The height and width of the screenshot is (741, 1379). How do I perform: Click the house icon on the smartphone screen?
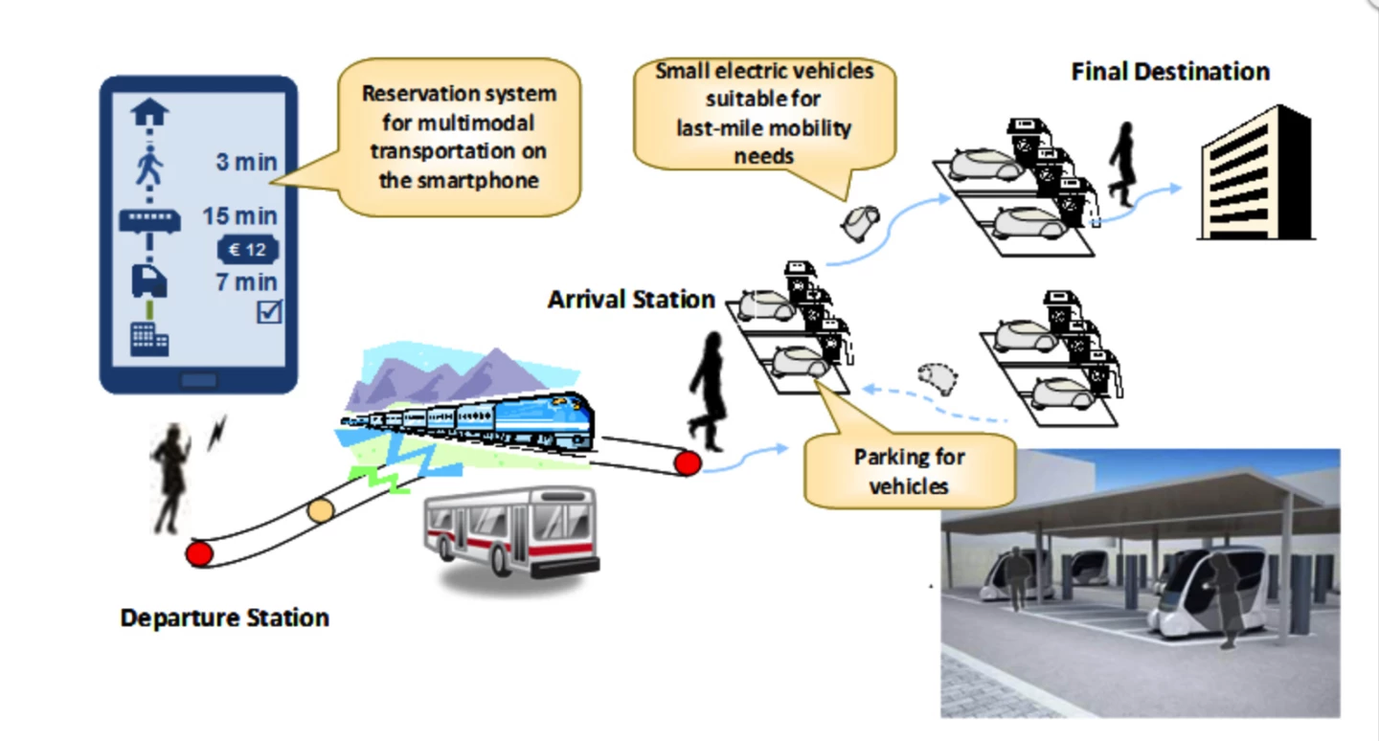pyautogui.click(x=149, y=113)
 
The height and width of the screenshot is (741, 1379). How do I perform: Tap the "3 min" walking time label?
pyautogui.click(x=246, y=162)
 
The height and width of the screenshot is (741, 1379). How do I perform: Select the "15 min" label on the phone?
pyautogui.click(x=239, y=216)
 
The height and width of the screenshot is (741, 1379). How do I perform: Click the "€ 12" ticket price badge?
pyautogui.click(x=248, y=251)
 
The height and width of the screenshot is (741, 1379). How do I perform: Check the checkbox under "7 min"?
pyautogui.click(x=269, y=311)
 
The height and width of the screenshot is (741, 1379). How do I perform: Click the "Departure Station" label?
pyautogui.click(x=225, y=617)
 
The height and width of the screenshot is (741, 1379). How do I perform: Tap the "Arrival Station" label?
pyautogui.click(x=631, y=300)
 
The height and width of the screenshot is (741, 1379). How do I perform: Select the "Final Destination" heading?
pyautogui.click(x=1170, y=72)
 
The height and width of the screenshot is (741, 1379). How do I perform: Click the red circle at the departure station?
pyautogui.click(x=199, y=553)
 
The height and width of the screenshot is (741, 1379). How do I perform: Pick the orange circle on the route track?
pyautogui.click(x=321, y=510)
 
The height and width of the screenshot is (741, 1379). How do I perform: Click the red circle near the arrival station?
pyautogui.click(x=687, y=463)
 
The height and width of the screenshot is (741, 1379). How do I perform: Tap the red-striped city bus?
pyautogui.click(x=511, y=536)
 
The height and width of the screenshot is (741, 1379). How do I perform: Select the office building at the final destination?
pyautogui.click(x=1255, y=174)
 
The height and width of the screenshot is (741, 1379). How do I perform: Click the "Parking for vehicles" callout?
pyautogui.click(x=909, y=470)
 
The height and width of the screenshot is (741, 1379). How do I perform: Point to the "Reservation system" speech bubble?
pyautogui.click(x=459, y=136)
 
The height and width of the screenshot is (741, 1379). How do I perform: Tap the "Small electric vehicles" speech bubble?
pyautogui.click(x=764, y=112)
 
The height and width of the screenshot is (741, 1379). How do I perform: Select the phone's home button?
pyautogui.click(x=198, y=380)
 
